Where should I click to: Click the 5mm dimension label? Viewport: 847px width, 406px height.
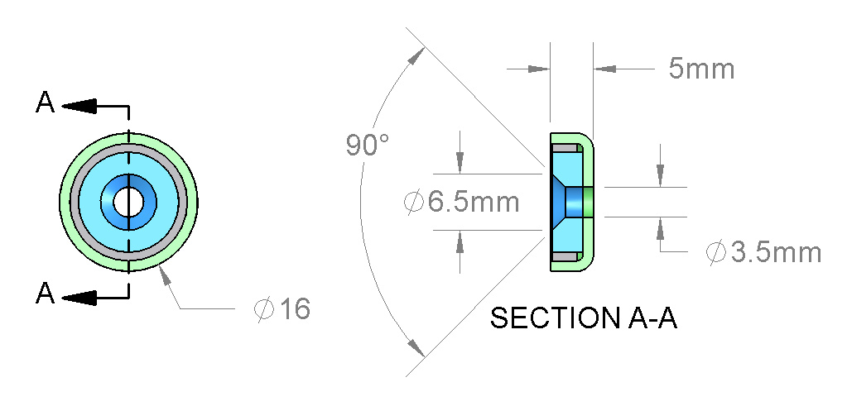pyautogui.click(x=701, y=69)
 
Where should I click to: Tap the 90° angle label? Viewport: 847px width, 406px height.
pyautogui.click(x=368, y=145)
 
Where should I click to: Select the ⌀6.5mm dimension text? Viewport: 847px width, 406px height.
pyautogui.click(x=462, y=203)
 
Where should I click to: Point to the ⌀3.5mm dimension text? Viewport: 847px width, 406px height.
pyautogui.click(x=764, y=252)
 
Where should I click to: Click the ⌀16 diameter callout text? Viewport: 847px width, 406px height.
pyautogui.click(x=282, y=309)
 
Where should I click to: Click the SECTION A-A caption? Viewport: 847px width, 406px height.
pyautogui.click(x=584, y=318)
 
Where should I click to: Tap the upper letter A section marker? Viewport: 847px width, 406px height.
pyautogui.click(x=45, y=103)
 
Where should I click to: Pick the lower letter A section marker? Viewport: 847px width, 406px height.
pyautogui.click(x=45, y=294)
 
